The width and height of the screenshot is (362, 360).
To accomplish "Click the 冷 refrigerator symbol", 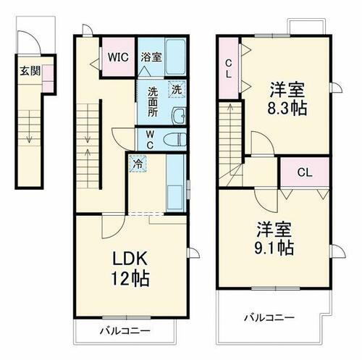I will [x=136, y=164].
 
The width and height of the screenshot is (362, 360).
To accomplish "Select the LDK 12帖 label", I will [x=130, y=267].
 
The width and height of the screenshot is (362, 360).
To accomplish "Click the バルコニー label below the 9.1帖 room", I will [x=267, y=317].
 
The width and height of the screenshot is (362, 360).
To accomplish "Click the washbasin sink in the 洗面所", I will [x=178, y=115].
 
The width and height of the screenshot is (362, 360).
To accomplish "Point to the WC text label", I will [x=148, y=138].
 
